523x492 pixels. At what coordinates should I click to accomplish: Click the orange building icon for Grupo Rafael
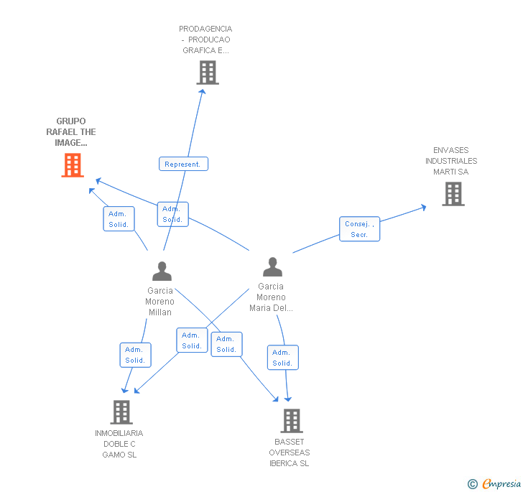73,164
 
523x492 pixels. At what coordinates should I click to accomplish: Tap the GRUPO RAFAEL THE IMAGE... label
71,131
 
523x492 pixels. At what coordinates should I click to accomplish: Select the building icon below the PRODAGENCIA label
208,73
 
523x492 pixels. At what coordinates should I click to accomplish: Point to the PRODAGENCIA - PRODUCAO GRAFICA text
205,40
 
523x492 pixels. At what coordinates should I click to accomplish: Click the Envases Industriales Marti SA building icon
453,194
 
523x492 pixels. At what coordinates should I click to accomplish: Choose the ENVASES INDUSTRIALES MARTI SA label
451,161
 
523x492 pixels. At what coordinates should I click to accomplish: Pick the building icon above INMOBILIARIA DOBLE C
121,412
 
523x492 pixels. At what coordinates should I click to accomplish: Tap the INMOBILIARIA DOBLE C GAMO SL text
119,444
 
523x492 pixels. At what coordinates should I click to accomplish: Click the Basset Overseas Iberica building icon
292,421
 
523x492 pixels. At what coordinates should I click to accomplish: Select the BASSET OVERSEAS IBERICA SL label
290,452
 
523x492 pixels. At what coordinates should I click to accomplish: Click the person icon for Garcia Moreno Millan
162,271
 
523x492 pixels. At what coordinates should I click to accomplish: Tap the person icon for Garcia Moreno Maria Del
272,266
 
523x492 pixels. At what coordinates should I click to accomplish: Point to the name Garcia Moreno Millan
159,302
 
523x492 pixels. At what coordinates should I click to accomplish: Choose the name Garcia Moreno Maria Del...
271,297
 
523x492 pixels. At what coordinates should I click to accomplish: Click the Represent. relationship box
183,164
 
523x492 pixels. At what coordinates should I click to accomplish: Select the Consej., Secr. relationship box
359,229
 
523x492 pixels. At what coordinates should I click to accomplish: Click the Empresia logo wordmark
501,483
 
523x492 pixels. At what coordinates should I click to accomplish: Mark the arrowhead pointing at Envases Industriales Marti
424,208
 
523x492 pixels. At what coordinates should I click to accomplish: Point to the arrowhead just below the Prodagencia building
202,91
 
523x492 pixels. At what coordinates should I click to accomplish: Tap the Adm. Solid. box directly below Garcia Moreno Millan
135,355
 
